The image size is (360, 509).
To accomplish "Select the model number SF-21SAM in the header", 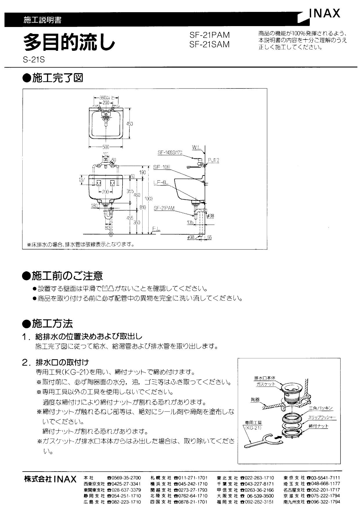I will tap(209, 44).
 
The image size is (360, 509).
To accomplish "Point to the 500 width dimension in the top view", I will tap(106, 147).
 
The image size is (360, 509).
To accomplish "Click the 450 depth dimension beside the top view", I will tap(129, 124).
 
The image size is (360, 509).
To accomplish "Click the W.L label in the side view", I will tap(196, 147).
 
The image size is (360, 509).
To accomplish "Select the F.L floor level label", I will tap(156, 229).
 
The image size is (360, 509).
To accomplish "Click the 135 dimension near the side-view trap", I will tap(190, 222).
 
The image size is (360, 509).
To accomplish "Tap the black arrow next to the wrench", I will tap(278, 436).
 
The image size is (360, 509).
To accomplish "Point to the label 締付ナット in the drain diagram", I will tap(318, 426).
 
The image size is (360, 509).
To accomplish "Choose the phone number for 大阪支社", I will tap(260, 496).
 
